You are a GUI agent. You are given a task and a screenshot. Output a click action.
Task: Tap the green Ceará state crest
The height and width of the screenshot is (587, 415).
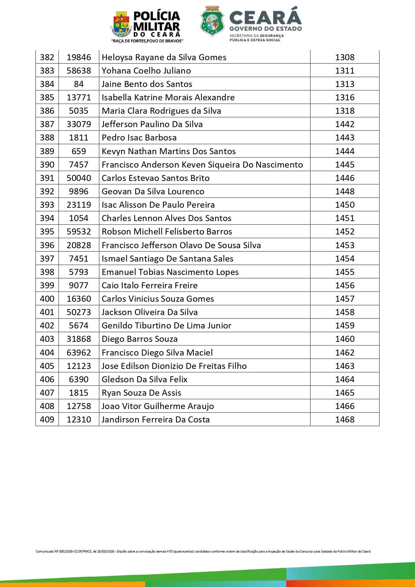[x=212, y=21]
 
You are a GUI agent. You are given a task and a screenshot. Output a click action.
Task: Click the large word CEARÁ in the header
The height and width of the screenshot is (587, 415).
[x=265, y=17]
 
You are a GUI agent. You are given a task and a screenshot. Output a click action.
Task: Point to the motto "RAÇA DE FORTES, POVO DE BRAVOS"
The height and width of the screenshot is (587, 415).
[x=147, y=41]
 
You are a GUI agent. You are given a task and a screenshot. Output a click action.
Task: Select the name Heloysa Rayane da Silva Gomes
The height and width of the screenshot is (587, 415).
[x=164, y=58]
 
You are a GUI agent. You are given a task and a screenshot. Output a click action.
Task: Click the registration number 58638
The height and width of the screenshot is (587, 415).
[x=79, y=71]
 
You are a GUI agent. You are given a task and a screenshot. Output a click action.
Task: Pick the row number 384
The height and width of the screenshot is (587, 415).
[x=47, y=84]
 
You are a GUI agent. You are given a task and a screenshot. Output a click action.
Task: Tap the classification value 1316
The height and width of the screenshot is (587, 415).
[x=345, y=98]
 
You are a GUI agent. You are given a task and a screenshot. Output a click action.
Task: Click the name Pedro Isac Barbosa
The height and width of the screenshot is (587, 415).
[x=139, y=138]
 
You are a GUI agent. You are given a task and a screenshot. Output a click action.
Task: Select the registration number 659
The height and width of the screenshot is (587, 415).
[x=79, y=151]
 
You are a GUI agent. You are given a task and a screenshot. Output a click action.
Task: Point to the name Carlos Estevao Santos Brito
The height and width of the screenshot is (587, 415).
[x=155, y=178]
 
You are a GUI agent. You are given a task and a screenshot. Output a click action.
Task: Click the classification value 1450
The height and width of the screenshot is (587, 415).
[x=345, y=205]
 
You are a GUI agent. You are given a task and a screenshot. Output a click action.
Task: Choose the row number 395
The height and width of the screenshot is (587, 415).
[x=47, y=231]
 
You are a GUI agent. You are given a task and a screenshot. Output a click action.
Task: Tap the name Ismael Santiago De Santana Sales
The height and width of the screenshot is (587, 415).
[x=168, y=259]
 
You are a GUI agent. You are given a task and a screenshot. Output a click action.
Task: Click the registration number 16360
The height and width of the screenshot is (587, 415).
[x=79, y=299]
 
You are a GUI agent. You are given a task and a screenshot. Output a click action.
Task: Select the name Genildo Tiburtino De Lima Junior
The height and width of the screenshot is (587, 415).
[x=167, y=325]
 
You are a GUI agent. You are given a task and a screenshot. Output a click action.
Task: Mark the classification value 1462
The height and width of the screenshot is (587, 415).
[x=345, y=353]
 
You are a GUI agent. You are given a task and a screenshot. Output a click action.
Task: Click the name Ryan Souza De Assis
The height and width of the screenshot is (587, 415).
[x=141, y=393]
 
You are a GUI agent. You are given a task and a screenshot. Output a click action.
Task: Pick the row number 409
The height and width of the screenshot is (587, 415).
[x=47, y=419]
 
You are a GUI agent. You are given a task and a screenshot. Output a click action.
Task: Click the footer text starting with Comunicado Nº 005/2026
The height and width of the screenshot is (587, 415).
[x=203, y=552]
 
